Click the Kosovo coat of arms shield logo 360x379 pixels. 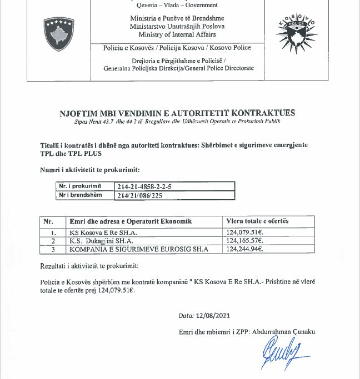(x=58, y=34)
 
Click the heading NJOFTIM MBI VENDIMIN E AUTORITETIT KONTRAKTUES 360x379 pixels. (x=177, y=113)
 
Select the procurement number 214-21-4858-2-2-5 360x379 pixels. (x=144, y=186)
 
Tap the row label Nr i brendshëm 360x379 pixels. (x=81, y=195)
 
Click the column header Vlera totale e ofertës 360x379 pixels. (x=257, y=221)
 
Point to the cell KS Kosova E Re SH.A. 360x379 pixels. (x=103, y=233)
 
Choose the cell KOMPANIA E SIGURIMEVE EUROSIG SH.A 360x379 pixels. (x=138, y=249)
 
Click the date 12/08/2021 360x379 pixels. (x=213, y=315)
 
